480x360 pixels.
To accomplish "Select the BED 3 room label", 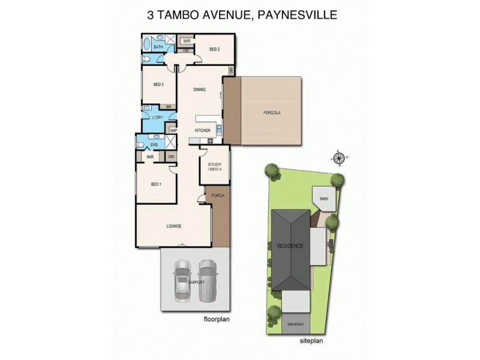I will (x=158, y=84).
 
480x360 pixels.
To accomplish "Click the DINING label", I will (x=199, y=90).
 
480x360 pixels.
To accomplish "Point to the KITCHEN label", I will (x=202, y=130).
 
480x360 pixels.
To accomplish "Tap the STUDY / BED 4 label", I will (x=214, y=166).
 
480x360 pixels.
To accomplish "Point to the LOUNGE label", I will (x=174, y=226).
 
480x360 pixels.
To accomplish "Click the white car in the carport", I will (x=181, y=280).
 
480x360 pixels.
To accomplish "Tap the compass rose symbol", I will (x=339, y=158).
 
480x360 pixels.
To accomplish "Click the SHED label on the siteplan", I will (x=324, y=198).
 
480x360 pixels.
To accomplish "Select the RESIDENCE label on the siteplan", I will (x=290, y=246).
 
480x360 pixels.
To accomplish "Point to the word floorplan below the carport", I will (x=216, y=319).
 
